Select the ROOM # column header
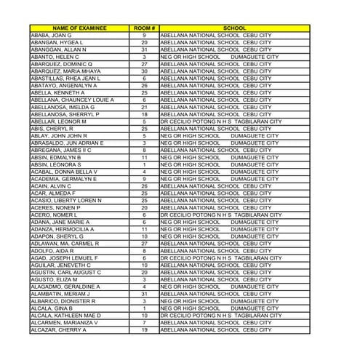tap(144, 28)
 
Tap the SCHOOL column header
tap(234, 28)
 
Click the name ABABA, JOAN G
tap(51, 35)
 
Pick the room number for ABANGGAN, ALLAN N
tap(144, 49)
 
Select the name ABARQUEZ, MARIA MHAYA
tap(65, 71)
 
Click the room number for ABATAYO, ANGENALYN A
tap(144, 86)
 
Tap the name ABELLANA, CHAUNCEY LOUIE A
tap(72, 100)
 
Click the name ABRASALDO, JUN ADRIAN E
tap(67, 143)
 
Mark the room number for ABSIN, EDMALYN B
tap(144, 158)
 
